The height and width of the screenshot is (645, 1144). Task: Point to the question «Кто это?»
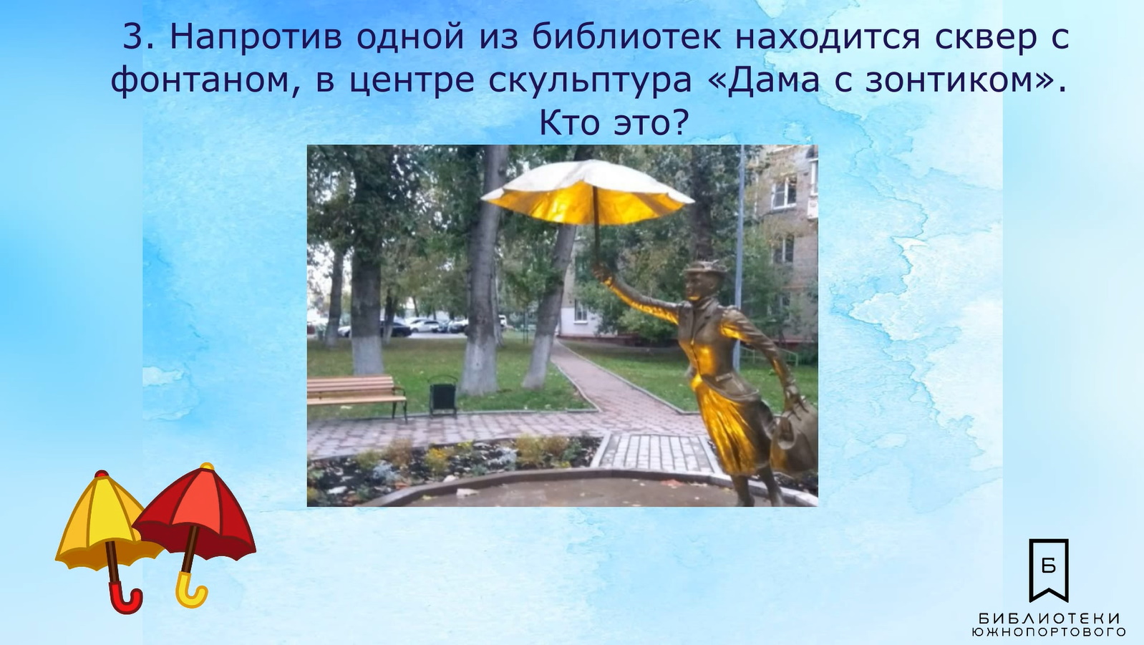(x=614, y=124)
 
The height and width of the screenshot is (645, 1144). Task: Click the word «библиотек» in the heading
(x=626, y=37)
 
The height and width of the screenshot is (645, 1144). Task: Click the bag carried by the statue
(x=793, y=434)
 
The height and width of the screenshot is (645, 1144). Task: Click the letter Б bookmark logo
(x=1049, y=570)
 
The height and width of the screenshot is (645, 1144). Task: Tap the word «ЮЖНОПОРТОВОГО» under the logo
(x=1049, y=632)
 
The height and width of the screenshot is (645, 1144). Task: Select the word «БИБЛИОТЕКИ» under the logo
(x=1049, y=619)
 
